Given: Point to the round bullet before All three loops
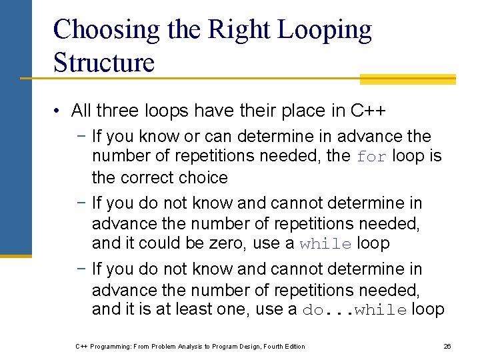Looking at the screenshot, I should coord(59,111).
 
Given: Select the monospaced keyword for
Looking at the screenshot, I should coord(371,157).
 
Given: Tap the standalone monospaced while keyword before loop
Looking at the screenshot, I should coord(325,244).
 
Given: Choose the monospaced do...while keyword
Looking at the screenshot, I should coord(355,310).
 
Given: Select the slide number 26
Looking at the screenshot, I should coord(447,346).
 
